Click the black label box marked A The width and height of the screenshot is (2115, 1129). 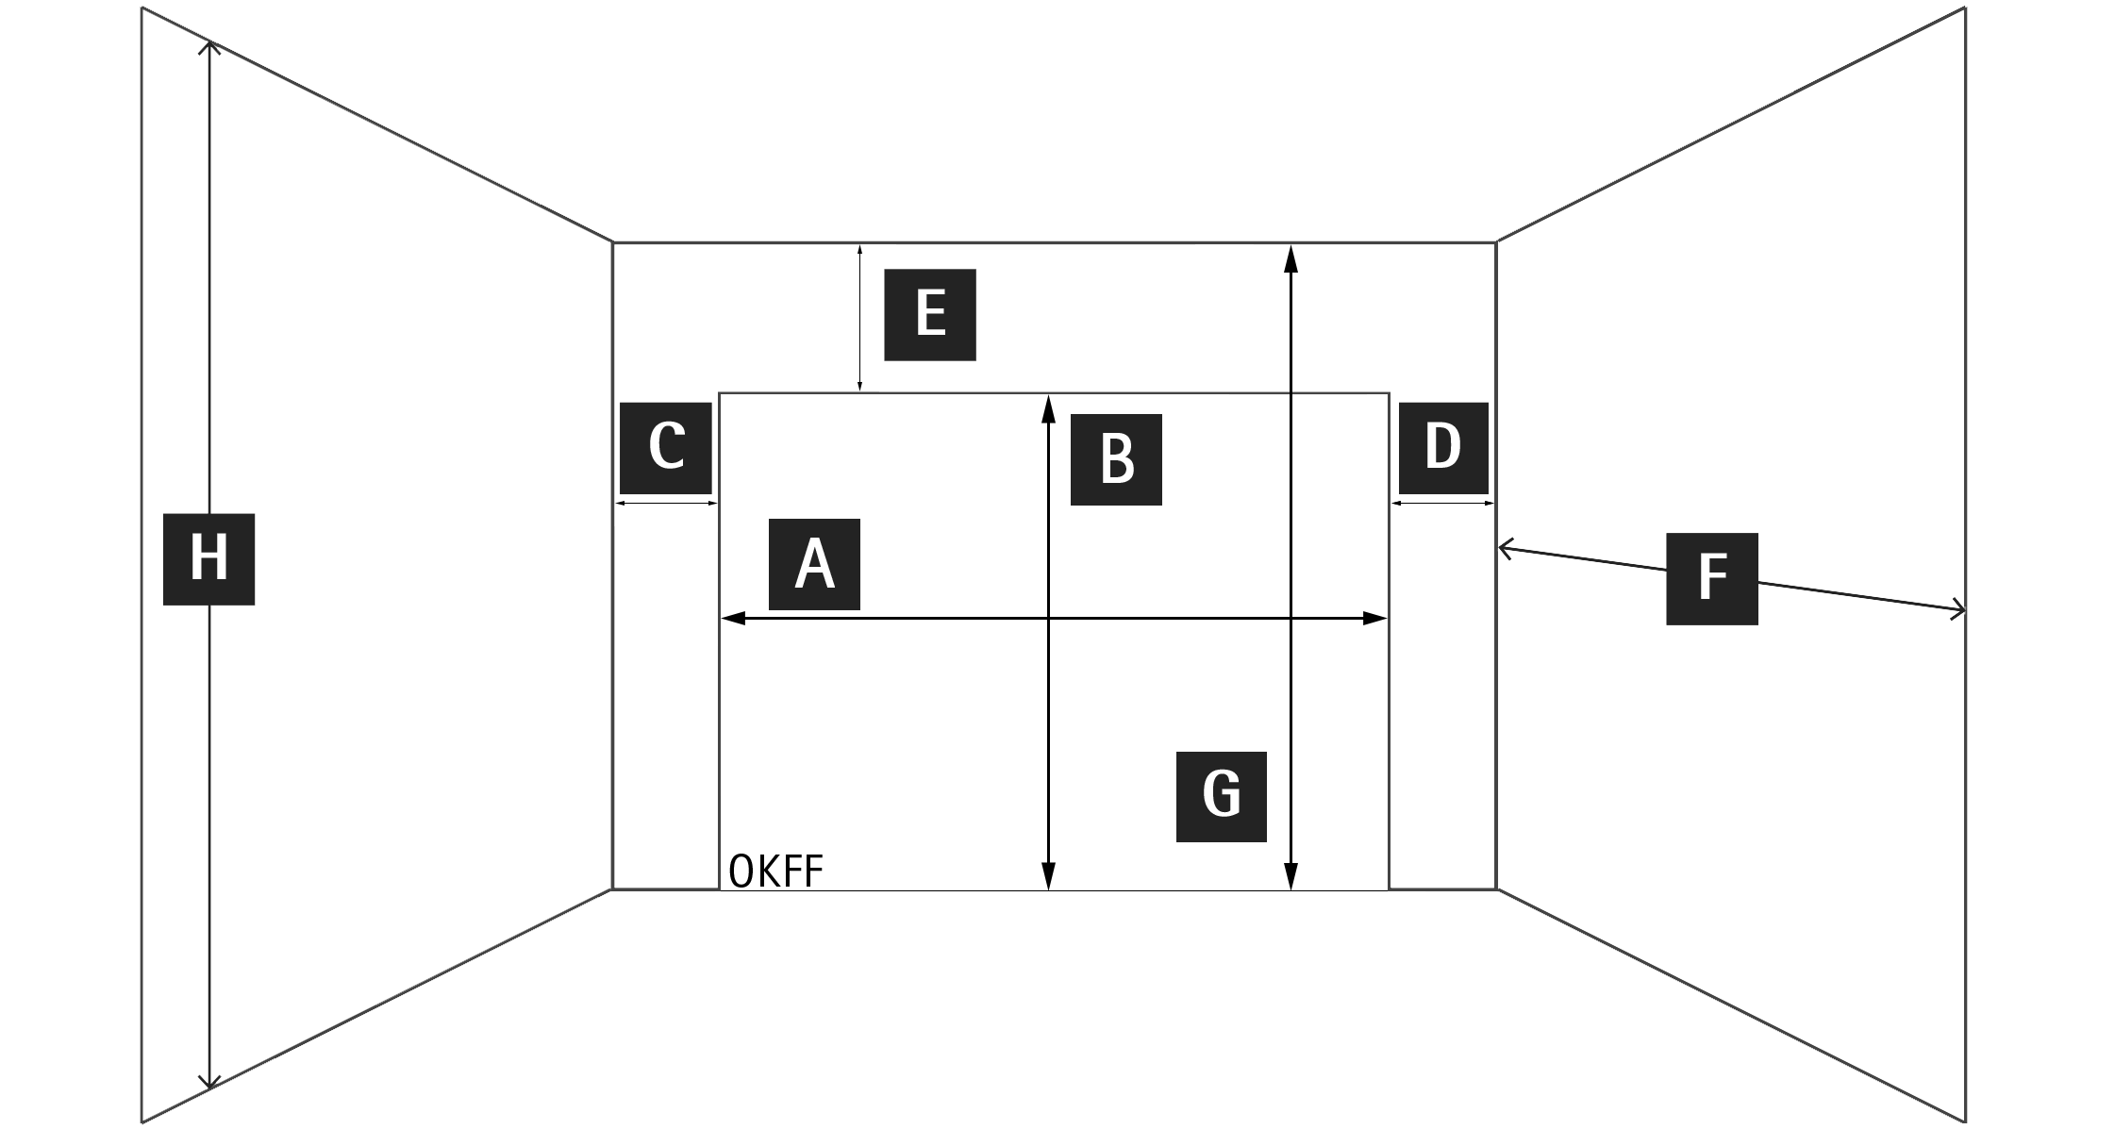(x=814, y=564)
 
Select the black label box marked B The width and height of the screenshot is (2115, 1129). (x=1116, y=459)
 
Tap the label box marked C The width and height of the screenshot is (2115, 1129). (x=666, y=448)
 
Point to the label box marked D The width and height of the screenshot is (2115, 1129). (x=1443, y=448)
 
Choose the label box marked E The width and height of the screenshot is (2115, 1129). (x=930, y=315)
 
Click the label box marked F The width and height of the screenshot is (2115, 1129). (x=1712, y=579)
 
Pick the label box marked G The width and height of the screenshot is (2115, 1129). (x=1222, y=796)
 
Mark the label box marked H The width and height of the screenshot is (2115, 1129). (x=208, y=559)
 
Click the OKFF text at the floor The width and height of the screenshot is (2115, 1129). (x=776, y=872)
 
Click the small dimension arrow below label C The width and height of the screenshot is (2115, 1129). (x=666, y=504)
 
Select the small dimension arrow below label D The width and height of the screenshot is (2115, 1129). (x=1443, y=504)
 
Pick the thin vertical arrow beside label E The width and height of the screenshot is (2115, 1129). (x=859, y=318)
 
